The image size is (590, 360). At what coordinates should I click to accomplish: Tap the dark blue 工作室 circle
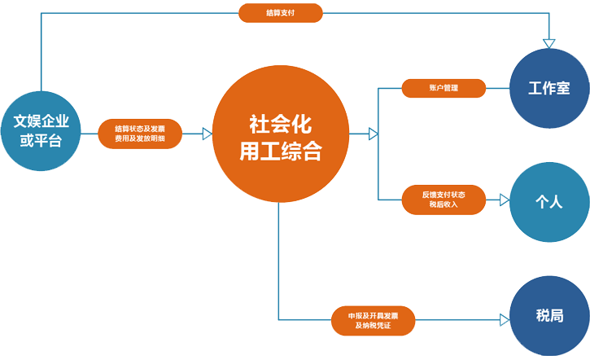tap(548, 89)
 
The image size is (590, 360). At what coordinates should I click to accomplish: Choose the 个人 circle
tap(548, 202)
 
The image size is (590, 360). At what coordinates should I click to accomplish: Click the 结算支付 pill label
tap(281, 13)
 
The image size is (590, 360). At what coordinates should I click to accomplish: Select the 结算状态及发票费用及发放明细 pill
tap(140, 134)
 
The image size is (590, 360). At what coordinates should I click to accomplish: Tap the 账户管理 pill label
tap(444, 88)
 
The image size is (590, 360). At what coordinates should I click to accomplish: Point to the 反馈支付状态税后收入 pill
tap(444, 199)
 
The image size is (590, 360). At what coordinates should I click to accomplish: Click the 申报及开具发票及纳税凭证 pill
tap(374, 319)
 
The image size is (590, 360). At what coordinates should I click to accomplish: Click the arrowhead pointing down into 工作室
tap(549, 43)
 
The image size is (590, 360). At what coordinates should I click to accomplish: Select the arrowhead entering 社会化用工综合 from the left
tap(207, 134)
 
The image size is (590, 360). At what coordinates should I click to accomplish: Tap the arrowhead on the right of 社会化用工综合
tap(373, 134)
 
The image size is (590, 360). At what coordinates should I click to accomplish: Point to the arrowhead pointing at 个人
tap(505, 199)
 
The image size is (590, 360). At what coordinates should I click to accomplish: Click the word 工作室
tap(548, 89)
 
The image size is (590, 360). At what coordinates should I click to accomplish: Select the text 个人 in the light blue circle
tap(548, 202)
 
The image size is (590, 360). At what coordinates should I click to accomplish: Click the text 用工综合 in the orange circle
tap(279, 151)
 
